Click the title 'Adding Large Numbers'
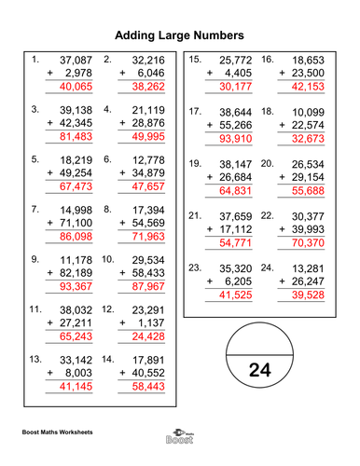click(179, 35)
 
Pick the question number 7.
click(35, 209)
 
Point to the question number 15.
click(196, 60)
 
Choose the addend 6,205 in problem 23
click(241, 281)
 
